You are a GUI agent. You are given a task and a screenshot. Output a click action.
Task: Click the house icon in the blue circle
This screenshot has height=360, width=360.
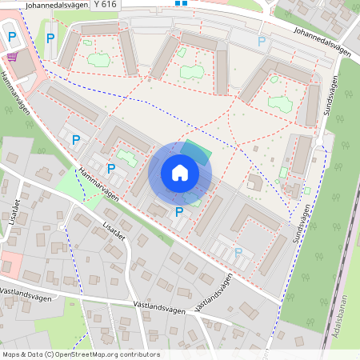pyautogui.click(x=180, y=172)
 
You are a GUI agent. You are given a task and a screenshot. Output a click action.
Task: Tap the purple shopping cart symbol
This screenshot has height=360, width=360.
pyautogui.click(x=12, y=57)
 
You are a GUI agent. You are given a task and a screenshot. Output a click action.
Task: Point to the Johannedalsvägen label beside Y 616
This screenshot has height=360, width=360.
pyautogui.click(x=56, y=5)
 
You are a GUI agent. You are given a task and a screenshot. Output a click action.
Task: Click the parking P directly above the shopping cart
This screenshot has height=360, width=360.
pyautogui.click(x=12, y=36)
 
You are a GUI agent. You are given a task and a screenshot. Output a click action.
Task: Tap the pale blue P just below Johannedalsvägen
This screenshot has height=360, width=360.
pyautogui.click(x=262, y=41)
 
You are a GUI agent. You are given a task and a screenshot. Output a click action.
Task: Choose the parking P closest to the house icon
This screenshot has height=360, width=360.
pyautogui.click(x=179, y=212)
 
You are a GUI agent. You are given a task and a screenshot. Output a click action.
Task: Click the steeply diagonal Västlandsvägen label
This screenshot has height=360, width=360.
pyautogui.click(x=215, y=290)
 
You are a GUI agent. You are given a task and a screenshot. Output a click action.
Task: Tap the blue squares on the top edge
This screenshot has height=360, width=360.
pyautogui.click(x=181, y=3)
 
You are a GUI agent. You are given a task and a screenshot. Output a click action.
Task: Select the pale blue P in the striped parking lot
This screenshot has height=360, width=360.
pyautogui.click(x=238, y=252)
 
